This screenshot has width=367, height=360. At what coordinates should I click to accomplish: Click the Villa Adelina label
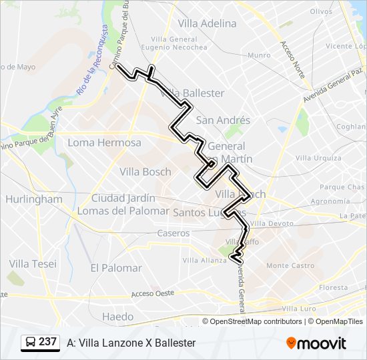point(207,23)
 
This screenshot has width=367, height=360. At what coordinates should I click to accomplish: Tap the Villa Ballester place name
point(194,93)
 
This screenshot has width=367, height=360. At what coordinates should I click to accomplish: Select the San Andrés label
point(223,120)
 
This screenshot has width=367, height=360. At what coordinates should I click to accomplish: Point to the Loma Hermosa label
point(105,143)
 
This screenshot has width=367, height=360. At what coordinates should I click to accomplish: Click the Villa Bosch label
point(145,171)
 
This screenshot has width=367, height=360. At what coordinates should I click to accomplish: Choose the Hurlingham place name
point(33,199)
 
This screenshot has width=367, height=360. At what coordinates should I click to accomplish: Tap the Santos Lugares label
point(206,212)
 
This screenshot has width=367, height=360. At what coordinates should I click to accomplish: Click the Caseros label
point(173,233)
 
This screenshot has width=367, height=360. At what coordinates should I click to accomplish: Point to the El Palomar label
point(116,268)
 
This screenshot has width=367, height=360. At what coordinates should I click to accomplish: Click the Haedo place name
point(118,317)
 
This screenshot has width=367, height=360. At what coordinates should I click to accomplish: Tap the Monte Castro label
point(290,265)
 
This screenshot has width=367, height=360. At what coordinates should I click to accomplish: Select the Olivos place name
point(321,11)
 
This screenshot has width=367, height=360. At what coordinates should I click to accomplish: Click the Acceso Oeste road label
point(152,293)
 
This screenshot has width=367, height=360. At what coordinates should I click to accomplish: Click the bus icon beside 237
point(30,343)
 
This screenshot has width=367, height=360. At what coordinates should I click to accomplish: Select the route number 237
point(47,342)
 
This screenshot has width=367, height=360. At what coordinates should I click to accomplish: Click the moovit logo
point(316,343)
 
